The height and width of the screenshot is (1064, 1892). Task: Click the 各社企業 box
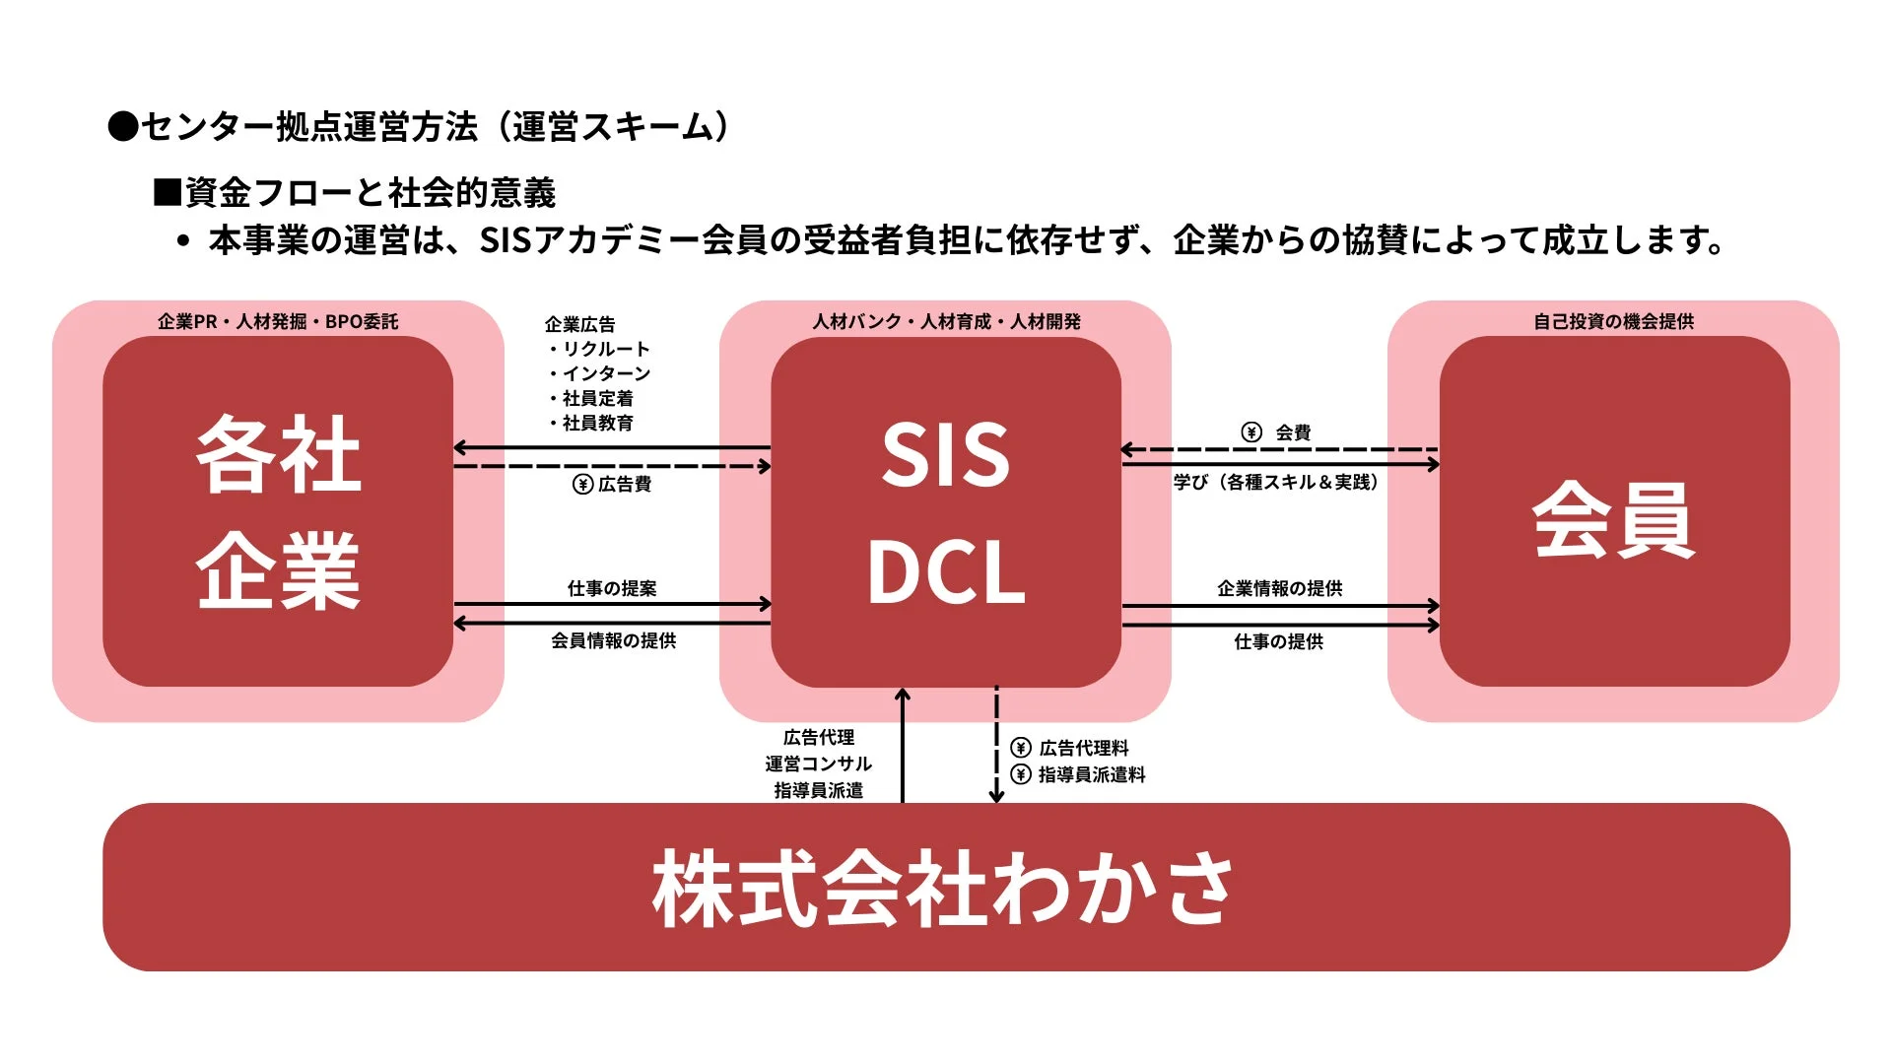pos(278,511)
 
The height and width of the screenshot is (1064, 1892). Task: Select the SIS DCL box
pos(945,511)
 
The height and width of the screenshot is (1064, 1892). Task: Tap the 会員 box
pos(1613,511)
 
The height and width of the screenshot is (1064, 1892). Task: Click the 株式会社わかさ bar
pos(945,887)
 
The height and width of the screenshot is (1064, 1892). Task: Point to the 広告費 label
pos(625,485)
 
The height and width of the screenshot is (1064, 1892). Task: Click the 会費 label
pos(1293,432)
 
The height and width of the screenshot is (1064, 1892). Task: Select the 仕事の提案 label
pos(612,588)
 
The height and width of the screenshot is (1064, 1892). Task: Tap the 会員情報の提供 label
pos(613,641)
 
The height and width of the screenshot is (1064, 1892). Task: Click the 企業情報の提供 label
pos(1279,588)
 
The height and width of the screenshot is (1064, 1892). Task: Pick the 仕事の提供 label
pos(1278,641)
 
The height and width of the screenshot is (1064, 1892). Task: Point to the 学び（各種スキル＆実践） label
pos(1275,482)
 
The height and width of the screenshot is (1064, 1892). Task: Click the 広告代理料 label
pos(1084,749)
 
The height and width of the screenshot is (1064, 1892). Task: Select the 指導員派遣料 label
pos(1092,775)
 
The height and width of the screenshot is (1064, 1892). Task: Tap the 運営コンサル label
pos(818,764)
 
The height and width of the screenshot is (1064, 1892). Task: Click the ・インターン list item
pos(600,373)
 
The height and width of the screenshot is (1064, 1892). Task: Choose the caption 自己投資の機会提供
pos(1613,321)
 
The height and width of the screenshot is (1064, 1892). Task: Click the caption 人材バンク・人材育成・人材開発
pos(946,321)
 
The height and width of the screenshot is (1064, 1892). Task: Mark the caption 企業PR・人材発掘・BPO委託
pos(278,321)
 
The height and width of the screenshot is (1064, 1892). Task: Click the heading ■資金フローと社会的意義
pos(355,192)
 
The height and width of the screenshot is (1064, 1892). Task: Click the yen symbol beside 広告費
pos(582,485)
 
